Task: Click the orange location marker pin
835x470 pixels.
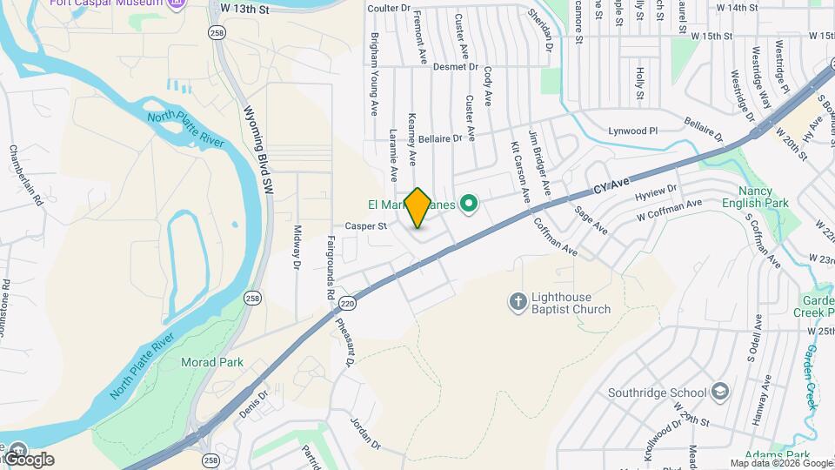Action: (x=418, y=207)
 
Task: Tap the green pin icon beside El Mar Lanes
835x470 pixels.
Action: (x=470, y=205)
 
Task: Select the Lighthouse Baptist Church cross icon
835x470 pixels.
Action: (x=518, y=302)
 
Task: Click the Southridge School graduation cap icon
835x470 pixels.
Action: (x=719, y=392)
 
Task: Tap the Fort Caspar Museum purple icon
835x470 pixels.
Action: (x=177, y=3)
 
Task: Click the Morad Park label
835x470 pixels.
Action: (x=211, y=361)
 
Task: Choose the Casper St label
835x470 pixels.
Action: (x=365, y=225)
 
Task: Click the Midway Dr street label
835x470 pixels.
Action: (x=297, y=247)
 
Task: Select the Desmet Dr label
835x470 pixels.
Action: (x=456, y=66)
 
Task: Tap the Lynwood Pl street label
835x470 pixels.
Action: (x=634, y=131)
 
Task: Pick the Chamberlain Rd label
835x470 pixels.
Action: (x=14, y=175)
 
